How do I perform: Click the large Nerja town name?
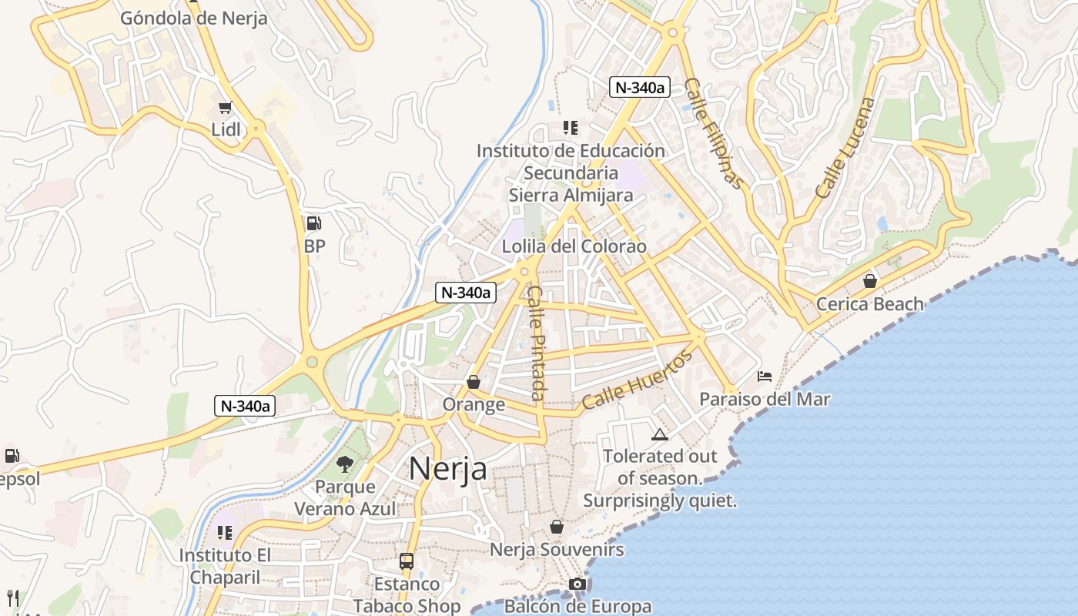tap(447, 468)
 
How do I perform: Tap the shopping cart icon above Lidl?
tap(225, 108)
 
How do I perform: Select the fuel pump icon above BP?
tap(313, 223)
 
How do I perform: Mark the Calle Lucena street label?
tap(845, 148)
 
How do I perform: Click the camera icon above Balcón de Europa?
tap(577, 584)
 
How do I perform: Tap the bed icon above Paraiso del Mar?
tap(765, 377)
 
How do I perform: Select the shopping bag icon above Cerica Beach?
tap(869, 281)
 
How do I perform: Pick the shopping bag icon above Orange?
tap(474, 382)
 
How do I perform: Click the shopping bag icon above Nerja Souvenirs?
tap(556, 527)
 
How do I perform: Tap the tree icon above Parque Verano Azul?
tap(344, 464)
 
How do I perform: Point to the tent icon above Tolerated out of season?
tap(659, 434)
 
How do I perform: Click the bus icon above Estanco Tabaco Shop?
tap(406, 561)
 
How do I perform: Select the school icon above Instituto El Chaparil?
tap(225, 532)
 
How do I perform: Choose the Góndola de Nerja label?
tap(193, 18)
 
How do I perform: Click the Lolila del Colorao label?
tap(574, 246)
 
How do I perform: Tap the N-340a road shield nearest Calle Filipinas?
tap(639, 87)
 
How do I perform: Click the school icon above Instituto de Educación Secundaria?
tap(570, 127)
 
